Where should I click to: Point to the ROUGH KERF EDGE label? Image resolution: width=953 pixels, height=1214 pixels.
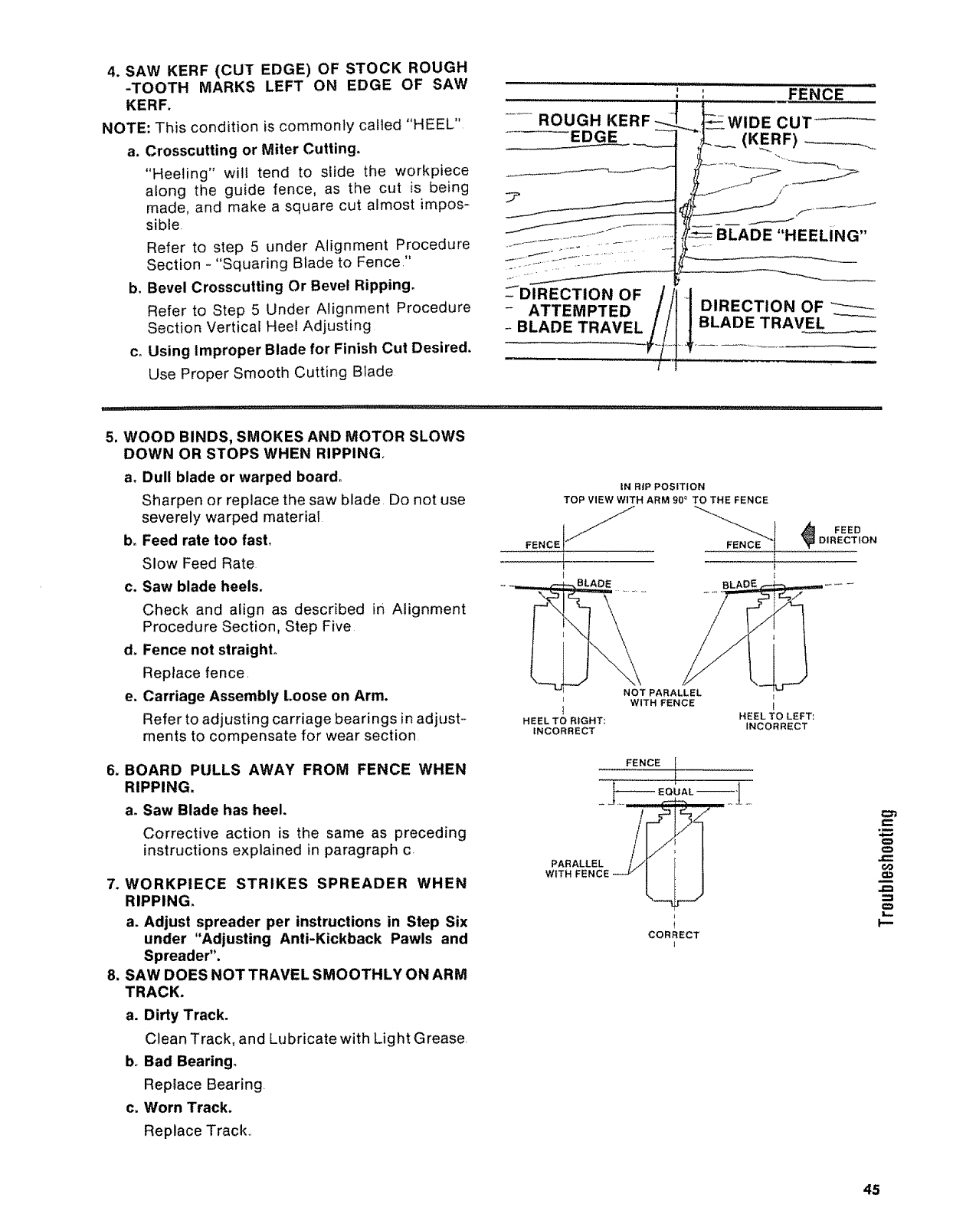(594, 128)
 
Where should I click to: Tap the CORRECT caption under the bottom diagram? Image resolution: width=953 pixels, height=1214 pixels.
(673, 935)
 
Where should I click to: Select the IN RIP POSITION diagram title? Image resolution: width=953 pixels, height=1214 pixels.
(665, 486)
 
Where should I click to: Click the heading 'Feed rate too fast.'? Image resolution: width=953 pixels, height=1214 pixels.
(197, 540)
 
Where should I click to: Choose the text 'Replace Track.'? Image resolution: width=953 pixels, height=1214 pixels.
(188, 1130)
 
